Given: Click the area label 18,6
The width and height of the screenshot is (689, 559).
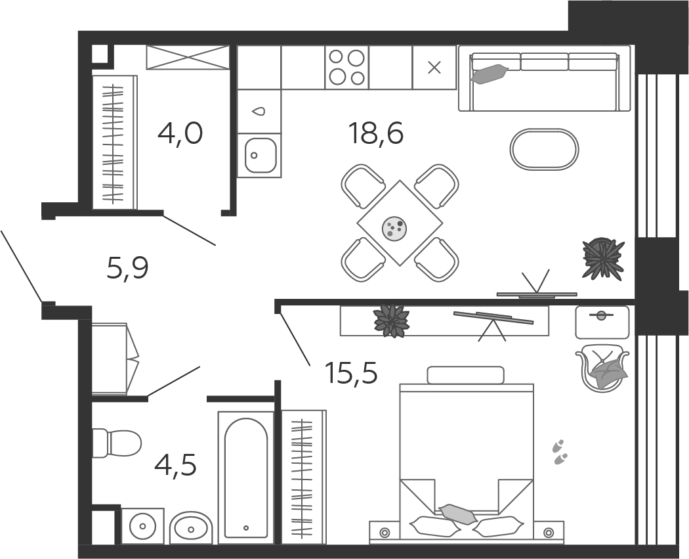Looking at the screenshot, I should [x=376, y=134].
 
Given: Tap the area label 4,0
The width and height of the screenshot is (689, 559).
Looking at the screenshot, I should [x=180, y=134].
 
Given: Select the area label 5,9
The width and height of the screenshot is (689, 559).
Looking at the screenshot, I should [x=128, y=268].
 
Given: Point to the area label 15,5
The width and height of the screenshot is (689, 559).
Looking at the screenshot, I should [x=351, y=374].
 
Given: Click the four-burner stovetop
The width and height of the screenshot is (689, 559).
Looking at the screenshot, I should [x=346, y=67].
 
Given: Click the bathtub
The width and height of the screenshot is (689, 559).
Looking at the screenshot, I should [x=245, y=477].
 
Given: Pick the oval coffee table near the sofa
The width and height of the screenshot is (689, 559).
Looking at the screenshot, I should [x=544, y=149].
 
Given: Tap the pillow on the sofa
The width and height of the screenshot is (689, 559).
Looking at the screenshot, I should [x=490, y=74].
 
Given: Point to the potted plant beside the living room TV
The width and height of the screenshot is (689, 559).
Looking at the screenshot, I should [x=603, y=259].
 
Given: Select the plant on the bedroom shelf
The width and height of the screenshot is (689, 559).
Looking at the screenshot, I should [x=391, y=321].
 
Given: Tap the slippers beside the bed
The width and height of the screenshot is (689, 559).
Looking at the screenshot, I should [x=560, y=452].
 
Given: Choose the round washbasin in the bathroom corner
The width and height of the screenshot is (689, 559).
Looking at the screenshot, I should [x=142, y=525].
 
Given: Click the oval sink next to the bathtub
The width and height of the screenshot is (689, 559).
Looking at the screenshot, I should [x=191, y=527].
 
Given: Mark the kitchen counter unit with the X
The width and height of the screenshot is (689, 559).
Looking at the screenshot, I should [x=434, y=67].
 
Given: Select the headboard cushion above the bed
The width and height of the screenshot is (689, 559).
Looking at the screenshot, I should [x=465, y=375].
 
